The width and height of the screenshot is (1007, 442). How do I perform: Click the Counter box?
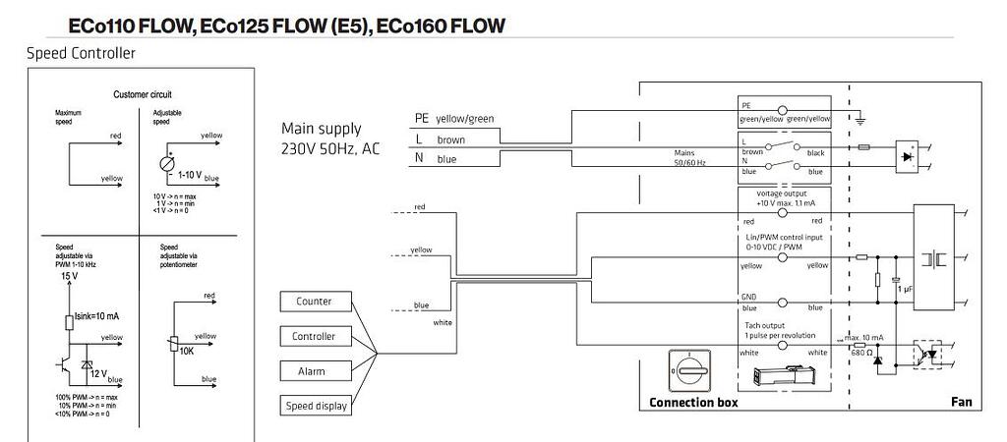click(x=314, y=302)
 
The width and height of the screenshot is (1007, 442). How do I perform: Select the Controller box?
click(x=314, y=337)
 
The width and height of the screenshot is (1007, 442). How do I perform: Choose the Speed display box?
click(x=314, y=406)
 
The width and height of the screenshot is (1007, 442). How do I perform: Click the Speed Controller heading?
click(x=81, y=52)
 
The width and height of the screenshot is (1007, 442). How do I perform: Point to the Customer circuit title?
click(x=143, y=95)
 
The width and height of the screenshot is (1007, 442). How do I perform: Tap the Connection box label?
click(x=693, y=403)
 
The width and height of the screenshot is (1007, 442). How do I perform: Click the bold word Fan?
click(x=961, y=403)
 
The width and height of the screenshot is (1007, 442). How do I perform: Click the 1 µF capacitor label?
click(x=905, y=291)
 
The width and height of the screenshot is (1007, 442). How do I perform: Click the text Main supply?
click(x=321, y=129)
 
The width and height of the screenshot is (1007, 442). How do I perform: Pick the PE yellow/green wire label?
click(x=454, y=119)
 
